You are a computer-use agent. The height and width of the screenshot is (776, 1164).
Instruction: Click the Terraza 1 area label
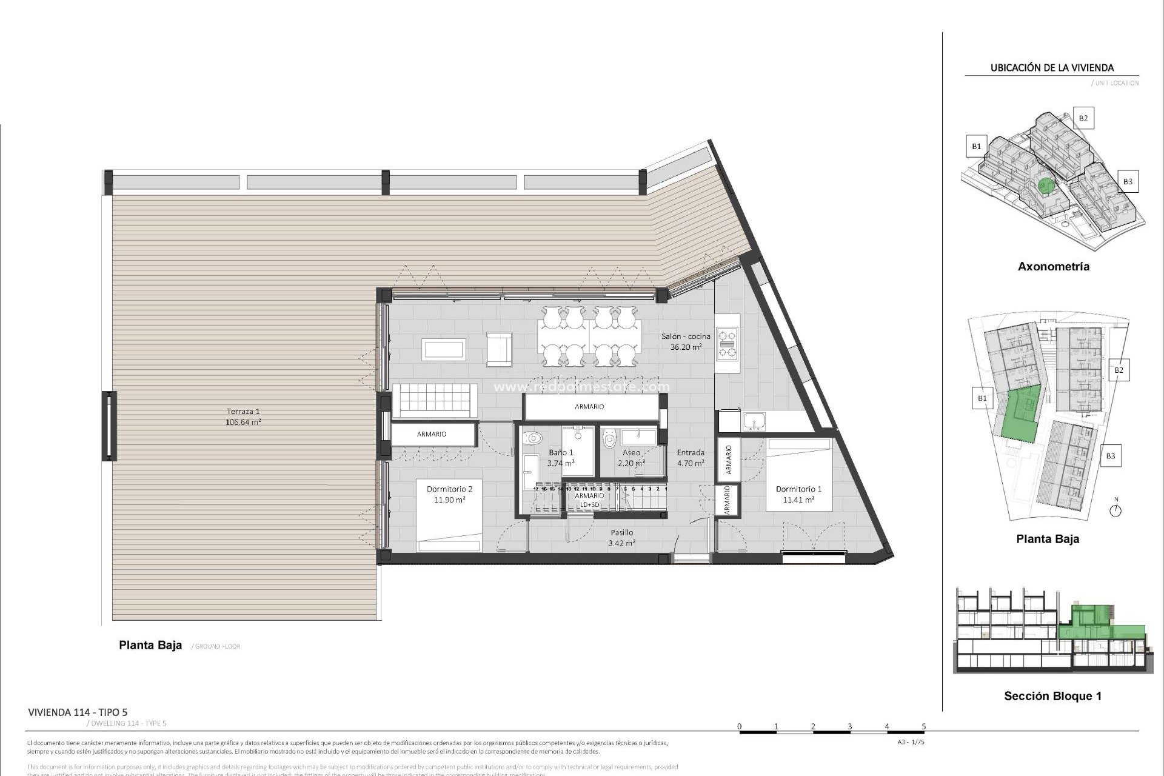pos(242,417)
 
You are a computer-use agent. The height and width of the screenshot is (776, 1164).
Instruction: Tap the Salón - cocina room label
pos(686,342)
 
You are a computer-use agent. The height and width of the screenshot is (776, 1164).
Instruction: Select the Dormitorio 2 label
pos(449,494)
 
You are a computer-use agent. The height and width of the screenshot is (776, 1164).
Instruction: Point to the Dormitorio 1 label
pos(798,494)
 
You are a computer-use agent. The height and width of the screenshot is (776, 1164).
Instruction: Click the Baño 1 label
pos(561,458)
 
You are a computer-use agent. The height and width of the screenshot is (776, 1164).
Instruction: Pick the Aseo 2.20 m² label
pos(631,458)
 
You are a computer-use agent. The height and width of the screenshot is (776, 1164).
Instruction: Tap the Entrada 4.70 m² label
pos(691,458)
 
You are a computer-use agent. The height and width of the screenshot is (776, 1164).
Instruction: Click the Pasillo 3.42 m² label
pos(621,538)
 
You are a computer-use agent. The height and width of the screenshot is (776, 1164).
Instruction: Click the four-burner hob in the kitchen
pos(727,344)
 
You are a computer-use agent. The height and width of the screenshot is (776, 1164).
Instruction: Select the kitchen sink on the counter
pos(754,421)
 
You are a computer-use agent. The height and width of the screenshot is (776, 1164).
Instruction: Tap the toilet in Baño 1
pos(533,438)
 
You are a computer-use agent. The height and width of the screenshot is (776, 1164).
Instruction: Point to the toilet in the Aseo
pos(609,438)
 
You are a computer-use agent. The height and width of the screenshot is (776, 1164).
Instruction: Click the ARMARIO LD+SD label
pos(589,500)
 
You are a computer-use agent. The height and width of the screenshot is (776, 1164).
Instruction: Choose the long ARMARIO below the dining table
pos(589,407)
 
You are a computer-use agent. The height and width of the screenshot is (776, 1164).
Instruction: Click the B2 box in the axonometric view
pos(1083,118)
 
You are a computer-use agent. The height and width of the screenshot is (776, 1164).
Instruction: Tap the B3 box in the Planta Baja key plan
pos(1110,456)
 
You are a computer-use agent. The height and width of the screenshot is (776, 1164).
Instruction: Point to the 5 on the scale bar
pos(923,726)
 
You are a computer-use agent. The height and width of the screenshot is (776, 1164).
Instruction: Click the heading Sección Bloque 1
pos(1052,696)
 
